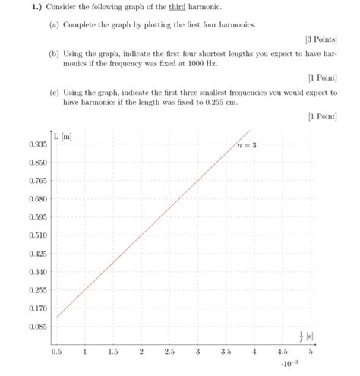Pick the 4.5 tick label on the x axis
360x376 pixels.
coord(283,352)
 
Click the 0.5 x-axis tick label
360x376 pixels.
coord(57,352)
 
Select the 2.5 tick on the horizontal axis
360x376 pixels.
coord(169,352)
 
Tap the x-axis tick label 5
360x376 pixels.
coord(311,352)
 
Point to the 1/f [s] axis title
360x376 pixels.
coord(306,334)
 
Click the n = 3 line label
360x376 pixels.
coord(246,145)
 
